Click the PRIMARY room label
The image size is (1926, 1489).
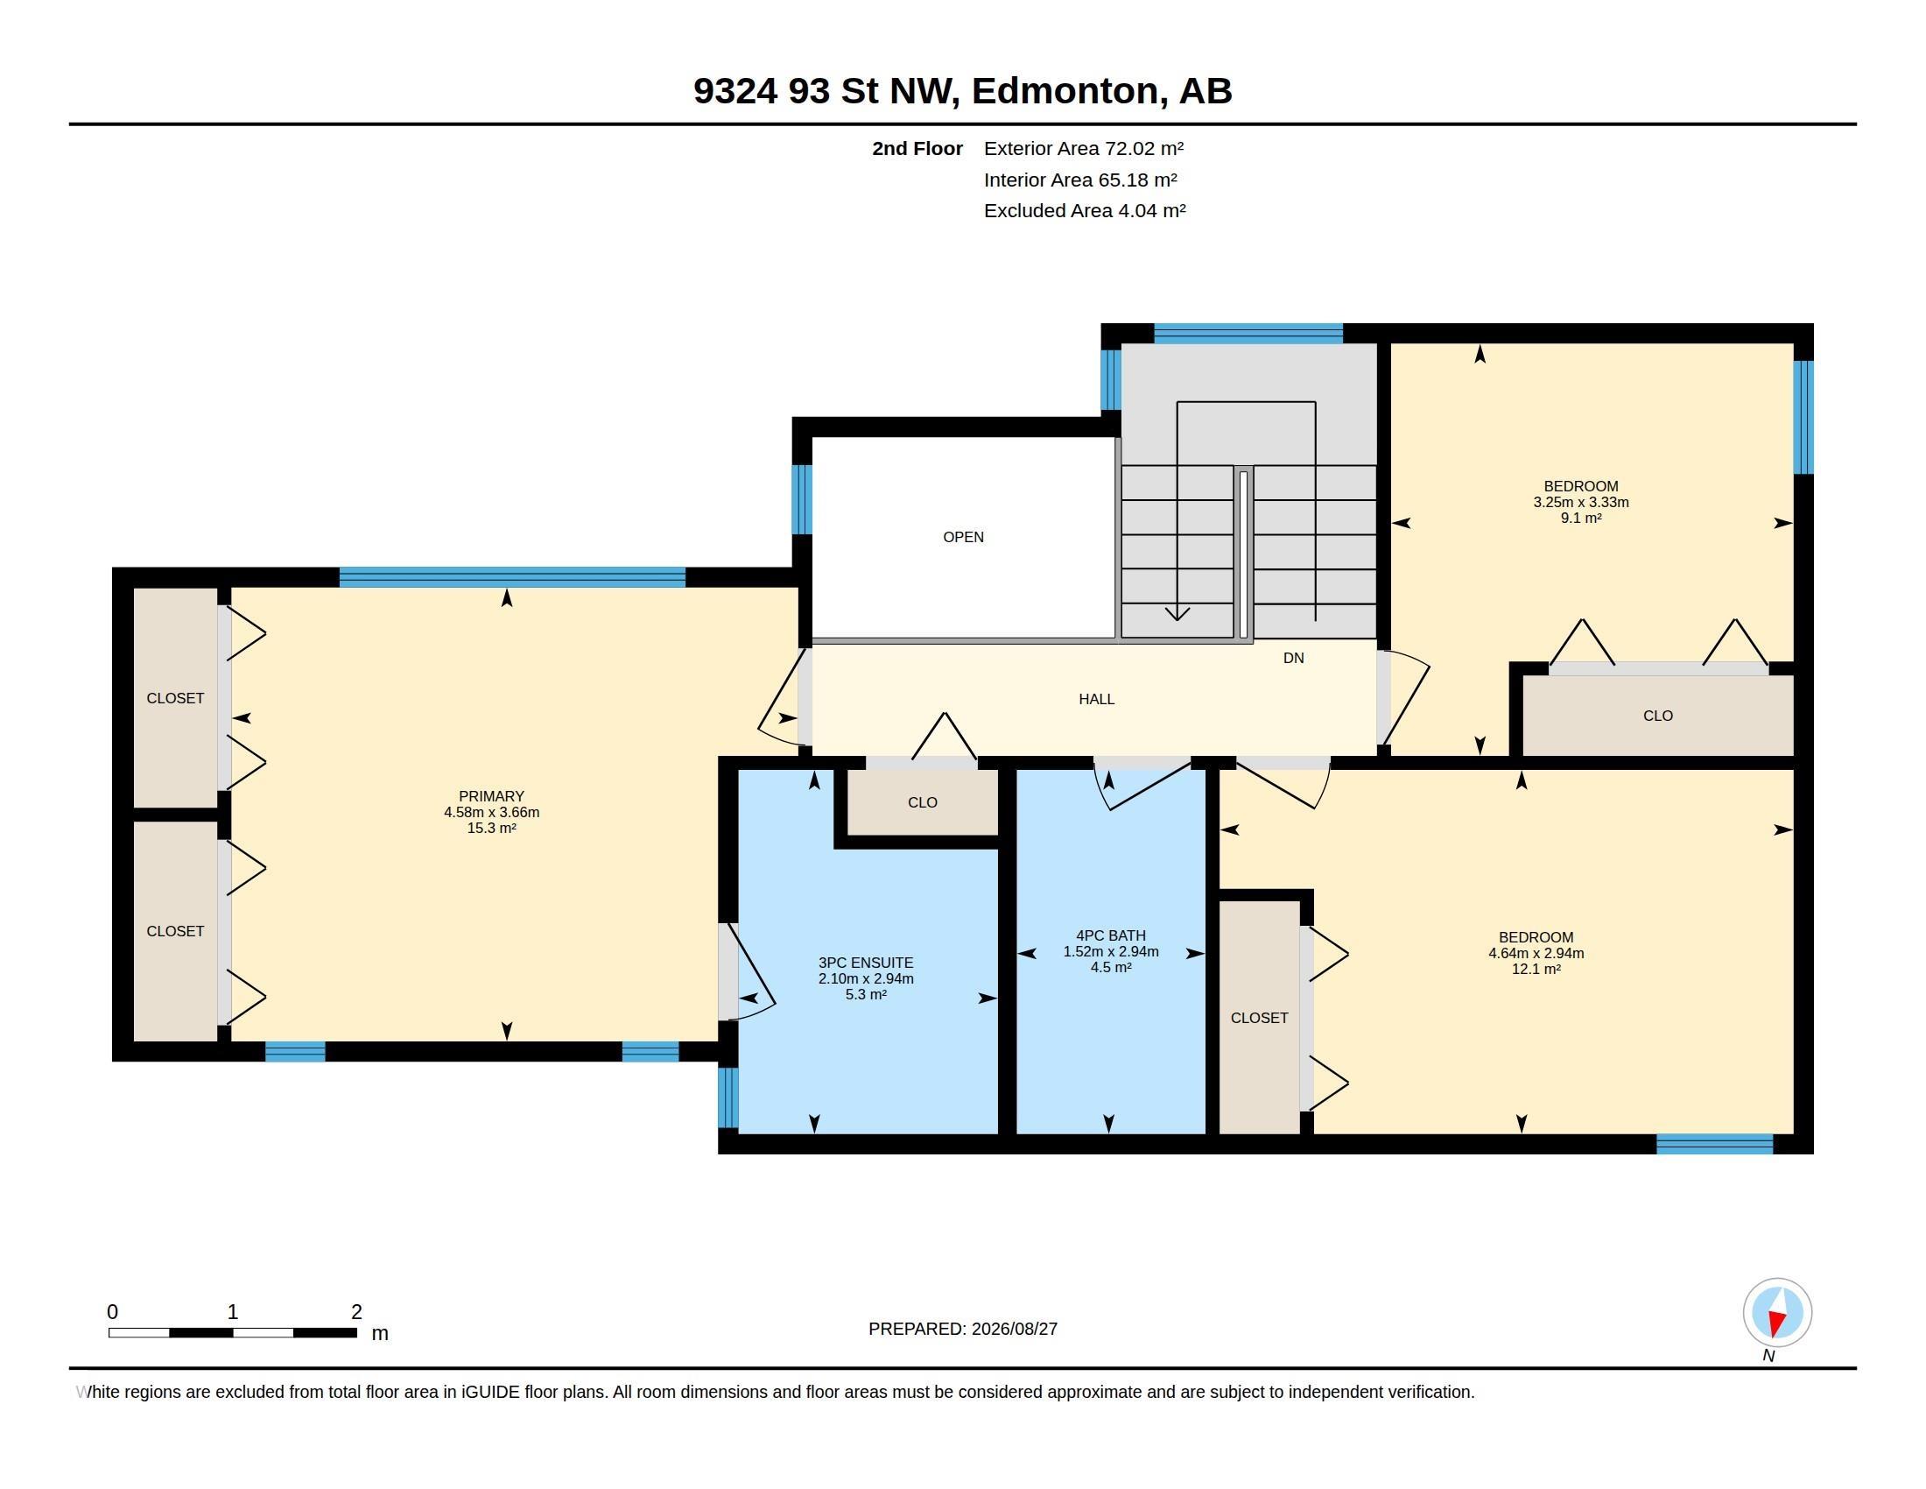(x=491, y=795)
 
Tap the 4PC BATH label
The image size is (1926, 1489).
(x=1110, y=935)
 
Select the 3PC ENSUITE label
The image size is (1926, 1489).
(x=865, y=963)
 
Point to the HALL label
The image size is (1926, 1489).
(x=1096, y=699)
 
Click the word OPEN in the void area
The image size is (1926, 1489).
(x=963, y=536)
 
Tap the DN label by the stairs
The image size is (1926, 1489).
(x=1293, y=658)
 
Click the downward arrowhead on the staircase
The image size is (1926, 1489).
(x=1177, y=613)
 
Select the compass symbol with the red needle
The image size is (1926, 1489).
(x=1777, y=1312)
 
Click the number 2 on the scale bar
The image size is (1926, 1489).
(x=356, y=1312)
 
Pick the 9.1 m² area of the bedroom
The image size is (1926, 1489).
(x=1580, y=519)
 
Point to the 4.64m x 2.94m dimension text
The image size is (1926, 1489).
(x=1536, y=953)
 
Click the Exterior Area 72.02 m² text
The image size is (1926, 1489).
(x=1083, y=148)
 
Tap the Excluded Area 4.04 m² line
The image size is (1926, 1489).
(x=1084, y=211)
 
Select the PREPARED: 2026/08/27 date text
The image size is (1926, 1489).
(x=962, y=1329)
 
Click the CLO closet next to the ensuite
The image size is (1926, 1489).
(x=923, y=801)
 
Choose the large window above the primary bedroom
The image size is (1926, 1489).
(x=511, y=577)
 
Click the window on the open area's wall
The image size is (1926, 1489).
(x=801, y=499)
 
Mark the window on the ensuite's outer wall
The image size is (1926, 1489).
(x=728, y=1097)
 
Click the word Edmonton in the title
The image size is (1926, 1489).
(x=1065, y=90)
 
